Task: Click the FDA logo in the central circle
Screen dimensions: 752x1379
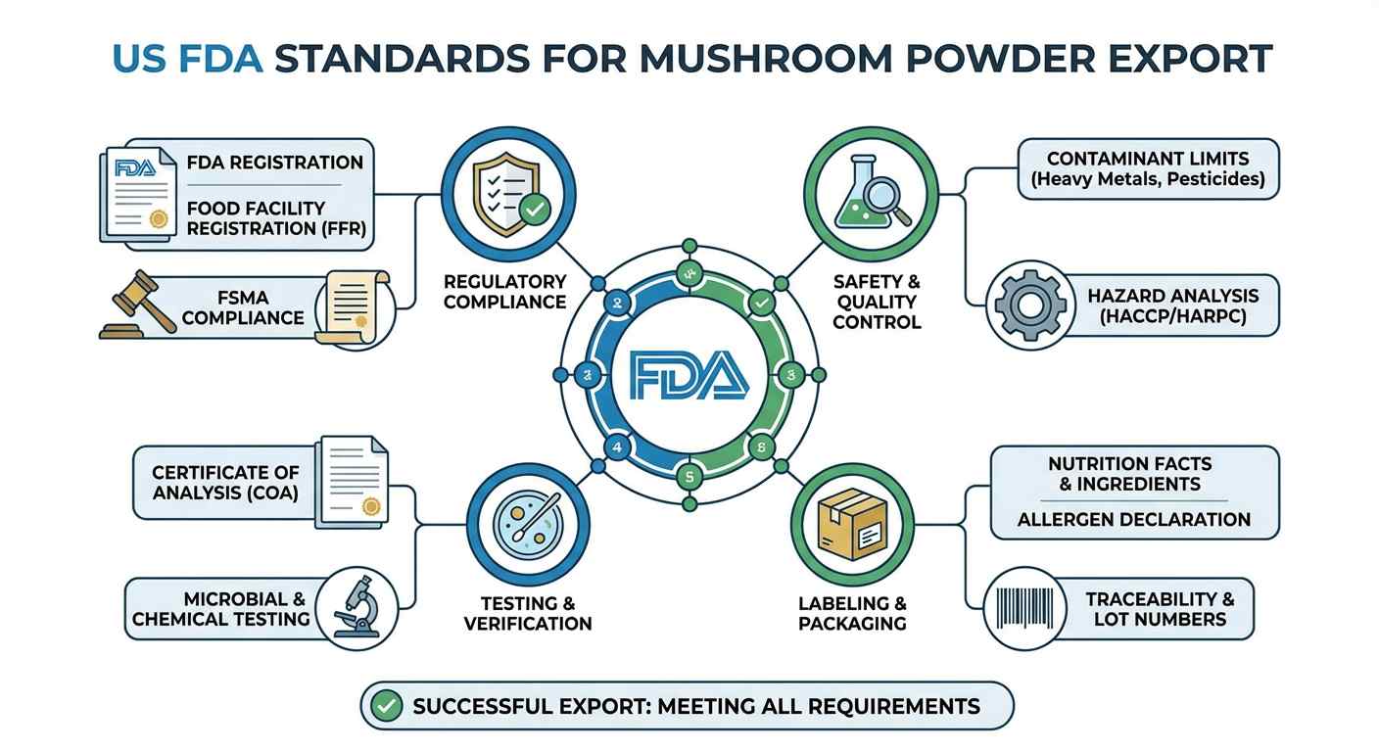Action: [689, 375]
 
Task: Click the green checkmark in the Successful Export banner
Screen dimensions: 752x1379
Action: [390, 705]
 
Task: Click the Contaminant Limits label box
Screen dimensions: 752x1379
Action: [1148, 168]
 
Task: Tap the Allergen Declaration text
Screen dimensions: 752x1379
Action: [1134, 519]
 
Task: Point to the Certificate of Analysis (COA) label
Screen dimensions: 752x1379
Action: [225, 482]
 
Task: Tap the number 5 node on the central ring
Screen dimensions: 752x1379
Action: [689, 477]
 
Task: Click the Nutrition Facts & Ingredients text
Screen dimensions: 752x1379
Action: [1129, 473]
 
